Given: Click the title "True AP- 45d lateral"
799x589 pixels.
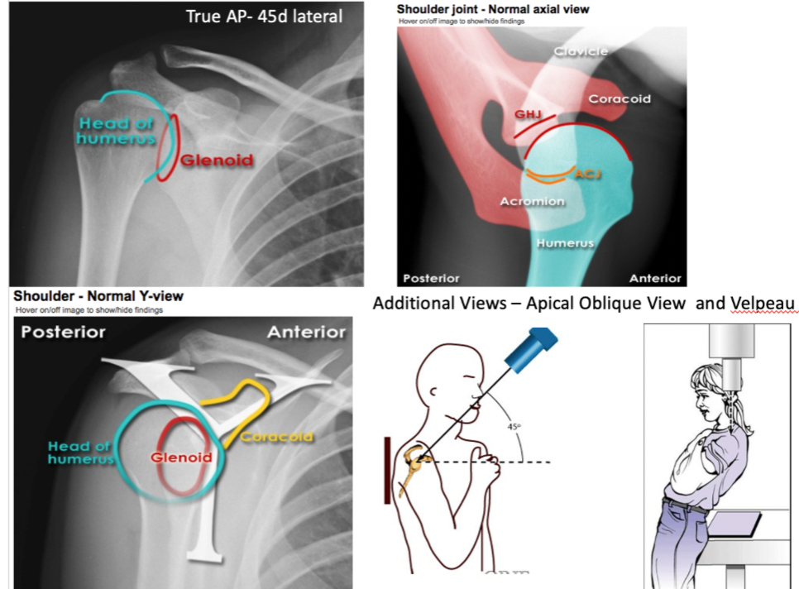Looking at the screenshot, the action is (265, 16).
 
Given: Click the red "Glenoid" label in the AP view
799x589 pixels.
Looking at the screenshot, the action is (217, 160).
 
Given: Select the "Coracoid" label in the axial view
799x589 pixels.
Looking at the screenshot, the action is (620, 99).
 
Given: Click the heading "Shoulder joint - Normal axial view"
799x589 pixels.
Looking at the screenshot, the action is (493, 8).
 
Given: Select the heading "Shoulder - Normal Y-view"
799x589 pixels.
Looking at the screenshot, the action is (98, 296).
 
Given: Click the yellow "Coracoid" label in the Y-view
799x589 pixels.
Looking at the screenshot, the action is (276, 438).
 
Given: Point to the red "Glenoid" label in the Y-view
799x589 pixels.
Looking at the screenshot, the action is (180, 457).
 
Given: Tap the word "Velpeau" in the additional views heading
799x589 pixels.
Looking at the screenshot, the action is (763, 303).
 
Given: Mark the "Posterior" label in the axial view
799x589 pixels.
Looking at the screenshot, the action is (430, 278).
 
